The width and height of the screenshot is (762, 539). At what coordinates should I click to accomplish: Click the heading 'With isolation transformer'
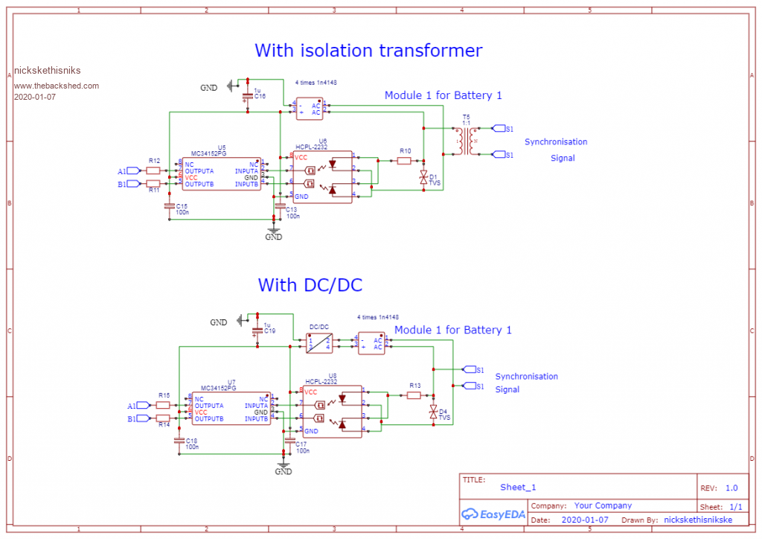[368, 51]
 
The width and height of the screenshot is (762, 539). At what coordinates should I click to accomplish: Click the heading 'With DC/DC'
[310, 285]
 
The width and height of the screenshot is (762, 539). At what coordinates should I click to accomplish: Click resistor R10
[405, 160]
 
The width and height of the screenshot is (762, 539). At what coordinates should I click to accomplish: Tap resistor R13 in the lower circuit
[414, 395]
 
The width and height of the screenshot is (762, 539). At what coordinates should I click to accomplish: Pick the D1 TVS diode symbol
[423, 176]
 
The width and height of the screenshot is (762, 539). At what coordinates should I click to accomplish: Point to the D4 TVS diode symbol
[433, 411]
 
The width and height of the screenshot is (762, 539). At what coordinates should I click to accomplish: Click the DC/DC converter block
[319, 343]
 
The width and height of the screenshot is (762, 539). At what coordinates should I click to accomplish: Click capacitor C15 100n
[170, 206]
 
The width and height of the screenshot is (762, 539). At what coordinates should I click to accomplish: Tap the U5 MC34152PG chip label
[208, 152]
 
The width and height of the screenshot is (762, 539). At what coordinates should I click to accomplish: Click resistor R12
[154, 170]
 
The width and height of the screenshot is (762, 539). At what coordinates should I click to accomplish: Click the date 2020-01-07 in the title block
[585, 520]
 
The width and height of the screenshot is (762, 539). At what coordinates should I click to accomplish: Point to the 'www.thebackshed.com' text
[57, 86]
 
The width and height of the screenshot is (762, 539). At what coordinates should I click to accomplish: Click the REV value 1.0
[731, 488]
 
